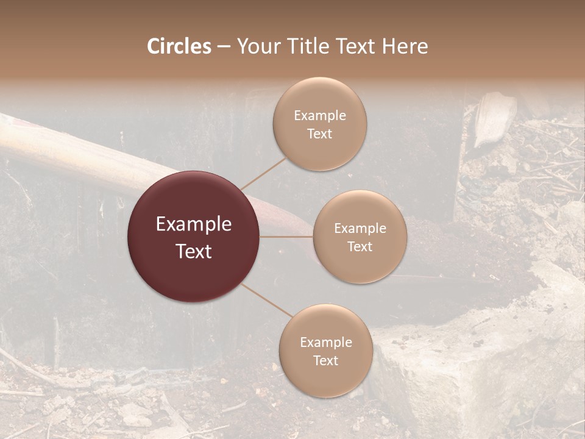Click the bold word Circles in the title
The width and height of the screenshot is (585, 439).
tap(179, 46)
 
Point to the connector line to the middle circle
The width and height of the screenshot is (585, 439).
tap(286, 237)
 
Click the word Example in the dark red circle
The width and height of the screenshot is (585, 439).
tap(193, 224)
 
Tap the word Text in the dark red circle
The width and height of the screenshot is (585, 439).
tap(193, 251)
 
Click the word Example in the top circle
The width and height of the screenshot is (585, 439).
tap(319, 116)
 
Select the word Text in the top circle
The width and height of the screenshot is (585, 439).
tap(319, 134)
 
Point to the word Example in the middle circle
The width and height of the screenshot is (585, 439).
tap(360, 229)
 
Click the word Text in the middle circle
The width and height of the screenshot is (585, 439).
tap(360, 246)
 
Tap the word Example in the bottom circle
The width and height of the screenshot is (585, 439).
tap(325, 343)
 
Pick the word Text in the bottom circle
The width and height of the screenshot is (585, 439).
tap(325, 360)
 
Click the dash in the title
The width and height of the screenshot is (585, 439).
tap(224, 46)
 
